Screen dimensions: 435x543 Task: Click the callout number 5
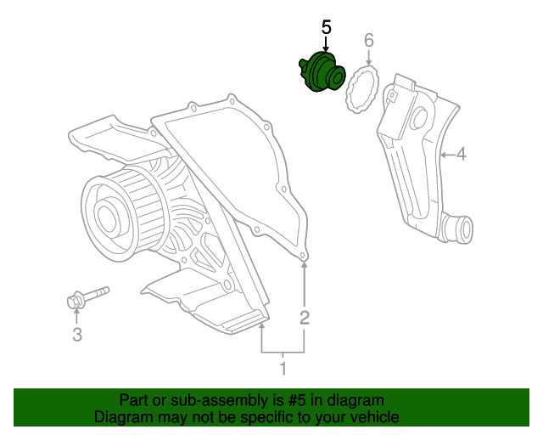[x=327, y=27]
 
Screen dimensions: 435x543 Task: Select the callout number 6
[x=369, y=40]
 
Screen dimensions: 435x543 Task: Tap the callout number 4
[x=461, y=155]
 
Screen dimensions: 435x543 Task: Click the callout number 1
[x=283, y=368]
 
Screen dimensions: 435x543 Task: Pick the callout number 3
[x=76, y=335]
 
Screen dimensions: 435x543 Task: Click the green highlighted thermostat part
[x=320, y=71]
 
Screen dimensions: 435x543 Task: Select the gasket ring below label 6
[x=361, y=88]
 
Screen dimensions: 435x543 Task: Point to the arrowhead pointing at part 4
[x=443, y=155]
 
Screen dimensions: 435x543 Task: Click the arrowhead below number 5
[x=327, y=52]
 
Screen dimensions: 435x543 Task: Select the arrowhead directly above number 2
[x=305, y=266]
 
